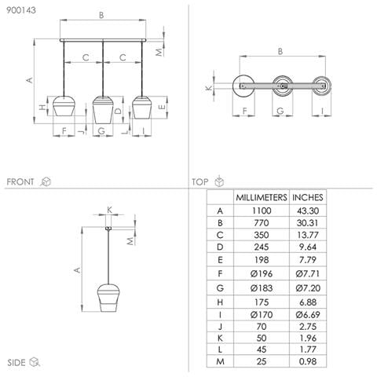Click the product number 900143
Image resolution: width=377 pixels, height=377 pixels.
tap(21, 10)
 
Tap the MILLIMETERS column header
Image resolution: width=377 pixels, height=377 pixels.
tap(262, 197)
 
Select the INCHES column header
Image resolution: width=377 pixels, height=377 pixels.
tap(308, 197)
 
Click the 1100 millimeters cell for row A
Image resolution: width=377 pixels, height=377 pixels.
tap(262, 210)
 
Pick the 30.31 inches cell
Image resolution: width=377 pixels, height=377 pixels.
tap(308, 223)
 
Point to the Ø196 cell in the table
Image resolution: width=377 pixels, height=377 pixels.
tap(262, 273)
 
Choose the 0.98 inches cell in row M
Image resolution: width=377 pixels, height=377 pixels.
tap(308, 361)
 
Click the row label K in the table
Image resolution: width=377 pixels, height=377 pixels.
tap(220, 338)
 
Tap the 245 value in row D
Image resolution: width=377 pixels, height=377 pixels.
tap(262, 247)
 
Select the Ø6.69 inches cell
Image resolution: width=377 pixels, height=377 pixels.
tap(308, 314)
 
